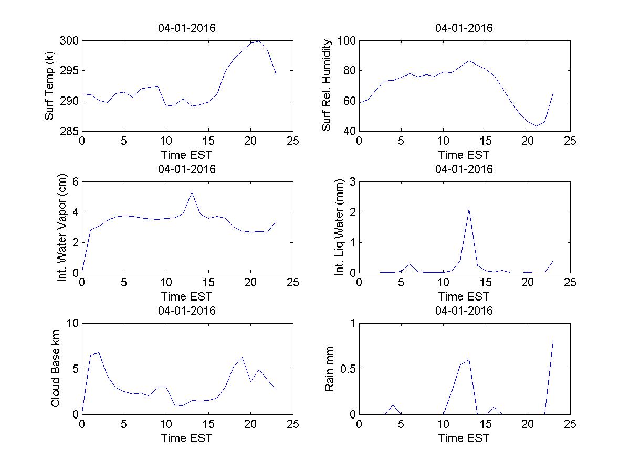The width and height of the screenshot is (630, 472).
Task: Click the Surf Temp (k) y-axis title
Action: click(x=49, y=86)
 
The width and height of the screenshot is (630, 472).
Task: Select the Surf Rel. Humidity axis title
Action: click(x=327, y=85)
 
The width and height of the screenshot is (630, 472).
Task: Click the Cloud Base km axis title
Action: click(x=55, y=369)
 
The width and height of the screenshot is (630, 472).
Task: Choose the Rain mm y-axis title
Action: click(x=330, y=369)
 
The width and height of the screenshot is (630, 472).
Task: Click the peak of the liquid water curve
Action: click(x=468, y=209)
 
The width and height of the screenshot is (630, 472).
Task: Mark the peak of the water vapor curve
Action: click(x=192, y=192)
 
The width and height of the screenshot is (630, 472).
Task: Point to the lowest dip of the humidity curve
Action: click(x=536, y=126)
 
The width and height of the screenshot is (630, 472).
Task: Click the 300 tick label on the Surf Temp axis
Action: click(x=69, y=41)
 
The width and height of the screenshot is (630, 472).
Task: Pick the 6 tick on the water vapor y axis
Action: click(x=75, y=182)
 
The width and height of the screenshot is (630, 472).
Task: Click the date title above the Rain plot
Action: click(x=464, y=310)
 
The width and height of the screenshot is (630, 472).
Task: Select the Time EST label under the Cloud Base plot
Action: click(x=186, y=438)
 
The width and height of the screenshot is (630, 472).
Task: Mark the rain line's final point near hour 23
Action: click(x=553, y=341)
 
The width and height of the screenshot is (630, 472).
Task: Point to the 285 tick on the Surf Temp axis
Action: click(x=69, y=131)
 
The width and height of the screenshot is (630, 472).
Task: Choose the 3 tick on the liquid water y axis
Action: click(x=352, y=182)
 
